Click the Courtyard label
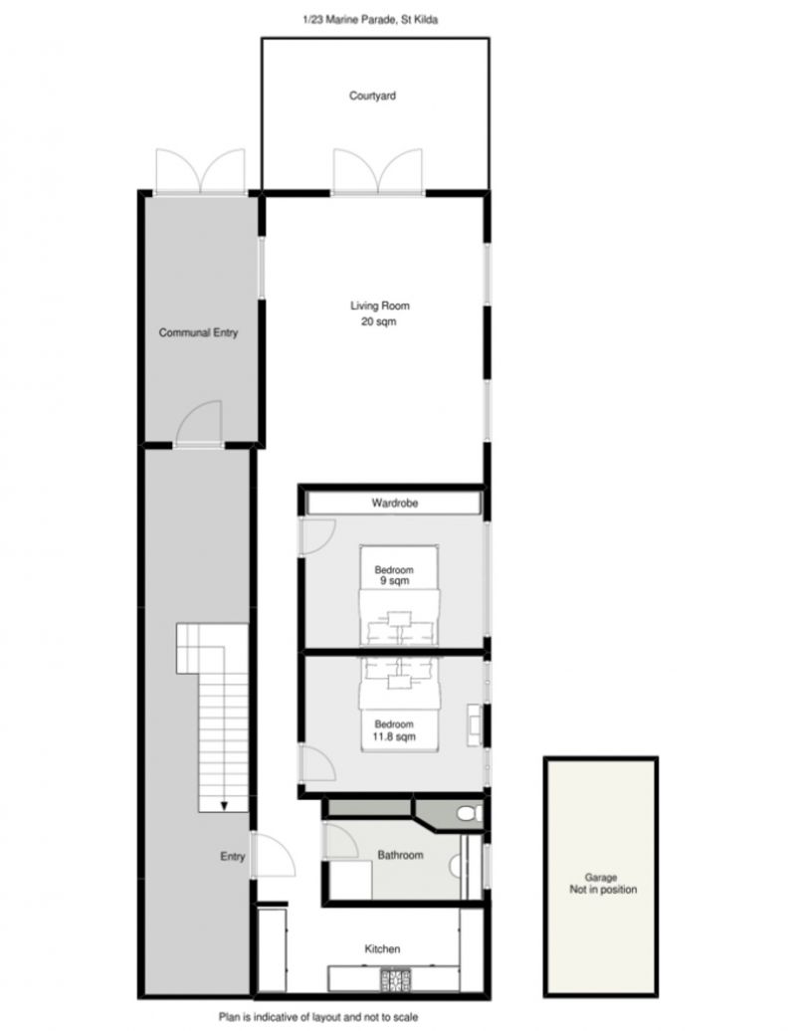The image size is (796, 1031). pos(372,96)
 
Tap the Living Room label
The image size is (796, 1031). pos(379,312)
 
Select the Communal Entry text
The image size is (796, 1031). pos(199,332)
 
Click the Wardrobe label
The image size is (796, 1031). pos(394,503)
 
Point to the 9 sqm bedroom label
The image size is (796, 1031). pos(394,575)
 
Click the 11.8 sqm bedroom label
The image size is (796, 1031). pos(394,730)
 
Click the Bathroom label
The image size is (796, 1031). pos(400,855)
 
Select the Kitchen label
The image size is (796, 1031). pos(382,948)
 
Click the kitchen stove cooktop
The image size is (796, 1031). pos(396,979)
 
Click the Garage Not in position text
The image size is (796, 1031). pos(603,883)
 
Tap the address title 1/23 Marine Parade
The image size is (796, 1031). pos(370,20)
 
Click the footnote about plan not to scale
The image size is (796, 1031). pos(318,1016)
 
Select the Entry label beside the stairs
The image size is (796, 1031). pos(232,856)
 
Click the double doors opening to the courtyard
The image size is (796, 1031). pos(378,171)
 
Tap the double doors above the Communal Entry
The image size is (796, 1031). pos(200,171)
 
